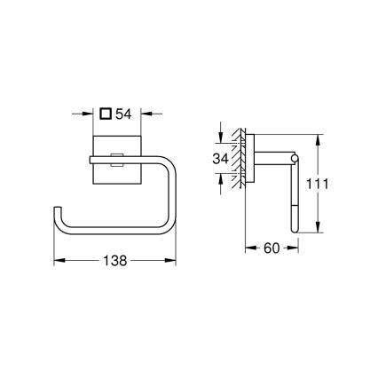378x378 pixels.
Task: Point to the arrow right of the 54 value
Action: click(x=144, y=113)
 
